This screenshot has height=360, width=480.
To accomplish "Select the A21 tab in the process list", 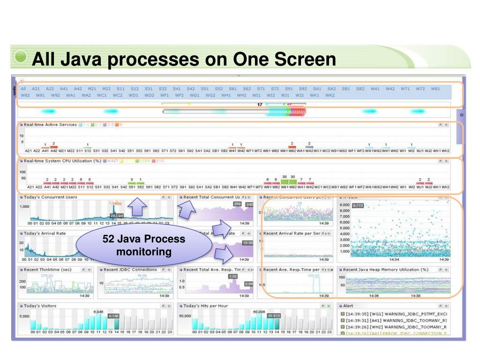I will click(36, 88).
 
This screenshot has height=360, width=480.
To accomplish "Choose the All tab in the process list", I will click(23, 88).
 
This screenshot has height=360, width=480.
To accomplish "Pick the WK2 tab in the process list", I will click(330, 95).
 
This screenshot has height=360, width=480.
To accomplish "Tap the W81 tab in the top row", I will click(435, 88).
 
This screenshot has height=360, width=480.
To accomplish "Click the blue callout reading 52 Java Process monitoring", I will click(144, 245).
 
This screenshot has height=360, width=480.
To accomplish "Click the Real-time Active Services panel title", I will click(50, 125).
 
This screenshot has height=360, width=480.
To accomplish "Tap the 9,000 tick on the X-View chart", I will click(344, 205).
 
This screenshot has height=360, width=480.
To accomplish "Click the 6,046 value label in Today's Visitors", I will click(98, 311).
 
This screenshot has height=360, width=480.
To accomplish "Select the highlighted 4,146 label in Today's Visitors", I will click(113, 316).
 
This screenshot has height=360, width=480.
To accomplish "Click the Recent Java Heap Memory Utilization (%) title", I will click(386, 270).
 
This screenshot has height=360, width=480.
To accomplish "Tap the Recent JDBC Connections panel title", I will click(130, 270).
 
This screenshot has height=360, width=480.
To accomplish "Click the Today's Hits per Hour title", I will click(206, 306).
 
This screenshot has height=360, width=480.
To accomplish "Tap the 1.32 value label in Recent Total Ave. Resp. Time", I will click(232, 277).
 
